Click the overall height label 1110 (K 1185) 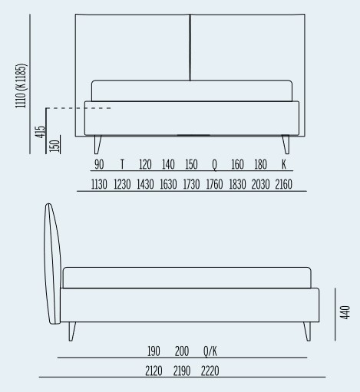21,86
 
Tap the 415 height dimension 40,132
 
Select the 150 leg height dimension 54,146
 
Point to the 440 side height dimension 345,312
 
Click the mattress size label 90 99,164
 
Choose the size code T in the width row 122,164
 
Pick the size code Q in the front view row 214,165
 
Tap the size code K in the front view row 284,164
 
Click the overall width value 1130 99,184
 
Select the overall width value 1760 214,184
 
